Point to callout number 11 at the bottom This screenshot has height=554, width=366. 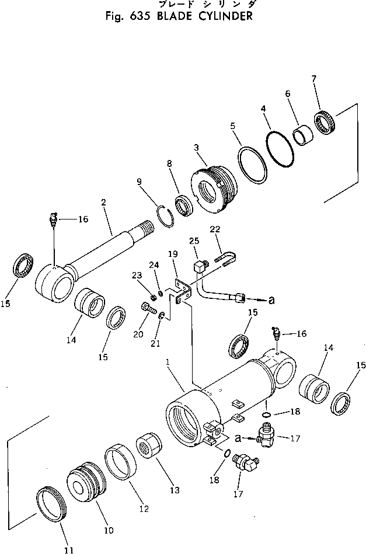tap(69, 549)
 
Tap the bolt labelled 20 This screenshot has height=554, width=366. tap(146, 306)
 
